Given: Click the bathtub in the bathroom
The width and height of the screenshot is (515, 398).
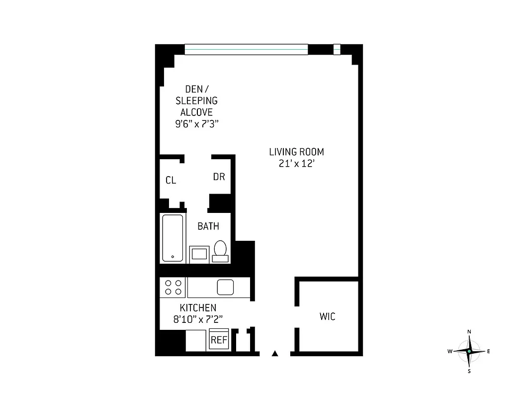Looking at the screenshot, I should pyautogui.click(x=172, y=238).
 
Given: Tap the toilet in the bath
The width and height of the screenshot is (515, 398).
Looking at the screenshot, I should pyautogui.click(x=220, y=250).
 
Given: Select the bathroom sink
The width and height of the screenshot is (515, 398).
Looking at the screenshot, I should pyautogui.click(x=199, y=254).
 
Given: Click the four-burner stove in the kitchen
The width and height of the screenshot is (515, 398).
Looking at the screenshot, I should pyautogui.click(x=172, y=287).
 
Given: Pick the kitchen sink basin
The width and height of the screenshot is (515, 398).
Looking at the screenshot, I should pyautogui.click(x=225, y=287).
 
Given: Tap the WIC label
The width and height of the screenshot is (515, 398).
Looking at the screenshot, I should pyautogui.click(x=327, y=316).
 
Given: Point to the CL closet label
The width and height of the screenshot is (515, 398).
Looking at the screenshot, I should pyautogui.click(x=171, y=180).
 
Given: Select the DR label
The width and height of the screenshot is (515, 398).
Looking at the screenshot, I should pyautogui.click(x=219, y=177).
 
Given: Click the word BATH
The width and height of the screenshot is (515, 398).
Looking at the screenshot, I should pyautogui.click(x=208, y=226).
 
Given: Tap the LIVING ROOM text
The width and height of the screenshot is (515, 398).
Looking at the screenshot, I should pyautogui.click(x=296, y=152).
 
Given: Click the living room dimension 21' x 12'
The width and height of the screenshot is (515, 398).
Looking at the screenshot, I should pyautogui.click(x=296, y=164).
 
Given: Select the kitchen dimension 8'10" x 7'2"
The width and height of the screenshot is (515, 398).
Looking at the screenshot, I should pyautogui.click(x=198, y=320).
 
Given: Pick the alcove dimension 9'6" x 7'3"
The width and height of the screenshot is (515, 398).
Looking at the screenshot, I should pyautogui.click(x=197, y=124).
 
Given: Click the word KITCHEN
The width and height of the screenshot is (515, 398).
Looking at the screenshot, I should pyautogui.click(x=198, y=308).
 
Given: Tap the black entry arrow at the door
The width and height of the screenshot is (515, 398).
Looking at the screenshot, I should pyautogui.click(x=274, y=354).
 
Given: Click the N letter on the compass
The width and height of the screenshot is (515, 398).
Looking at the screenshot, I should pyautogui.click(x=469, y=332).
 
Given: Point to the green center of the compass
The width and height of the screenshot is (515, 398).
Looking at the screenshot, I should pyautogui.click(x=469, y=351).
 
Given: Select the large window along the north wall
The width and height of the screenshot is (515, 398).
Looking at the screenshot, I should pyautogui.click(x=246, y=49).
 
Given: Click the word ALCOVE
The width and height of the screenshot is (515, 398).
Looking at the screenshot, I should pyautogui.click(x=196, y=112).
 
